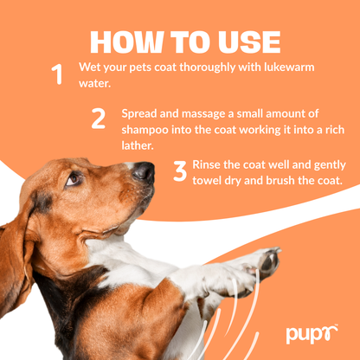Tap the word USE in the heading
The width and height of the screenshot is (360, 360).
click(246, 41)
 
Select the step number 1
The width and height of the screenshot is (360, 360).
click(58, 74)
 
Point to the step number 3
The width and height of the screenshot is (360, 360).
click(179, 170)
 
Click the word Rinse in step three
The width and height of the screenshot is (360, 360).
click(212, 164)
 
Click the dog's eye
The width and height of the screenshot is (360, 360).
click(73, 179)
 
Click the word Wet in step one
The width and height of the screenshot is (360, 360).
click(90, 67)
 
